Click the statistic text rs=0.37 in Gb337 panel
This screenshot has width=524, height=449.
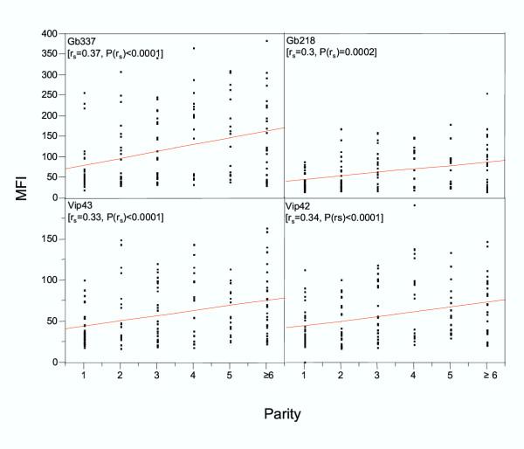click(93, 54)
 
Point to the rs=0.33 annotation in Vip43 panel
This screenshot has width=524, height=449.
click(93, 217)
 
